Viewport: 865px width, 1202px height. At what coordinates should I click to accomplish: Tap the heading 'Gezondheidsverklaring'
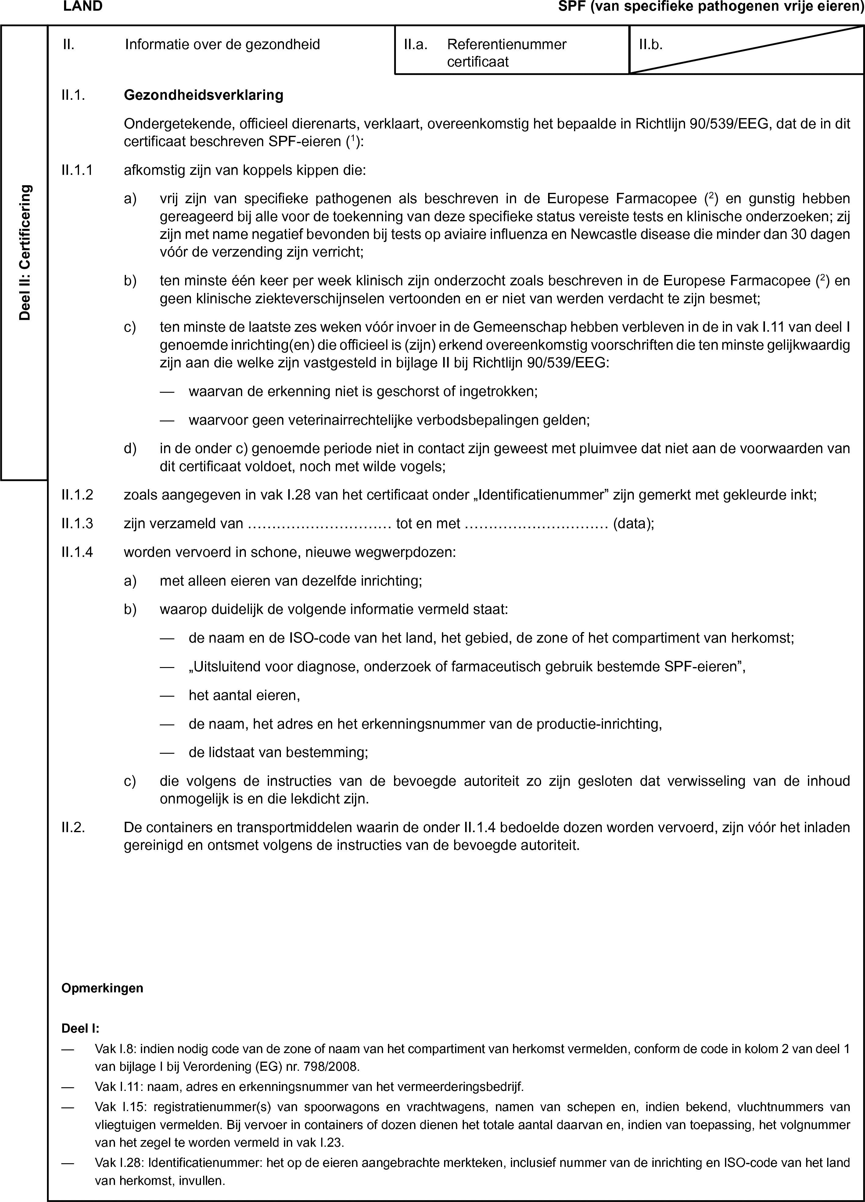click(x=203, y=96)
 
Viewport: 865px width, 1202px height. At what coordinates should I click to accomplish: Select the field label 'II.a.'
click(x=415, y=45)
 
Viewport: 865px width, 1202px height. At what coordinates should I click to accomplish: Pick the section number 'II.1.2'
click(x=77, y=496)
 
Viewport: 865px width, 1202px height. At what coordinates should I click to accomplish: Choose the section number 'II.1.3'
click(x=77, y=524)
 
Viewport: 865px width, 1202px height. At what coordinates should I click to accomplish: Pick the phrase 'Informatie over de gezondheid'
click(x=222, y=45)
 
